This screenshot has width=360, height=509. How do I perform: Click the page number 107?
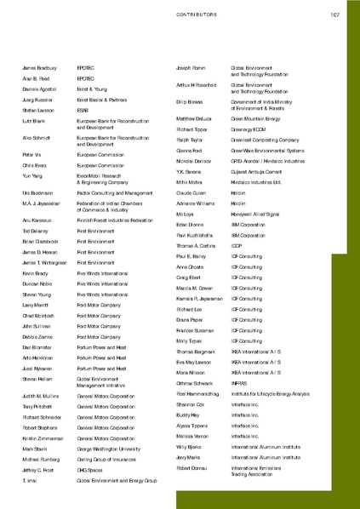pos(335,14)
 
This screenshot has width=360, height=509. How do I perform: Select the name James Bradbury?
pos(39,67)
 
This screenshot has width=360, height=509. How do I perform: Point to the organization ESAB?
pos(83,110)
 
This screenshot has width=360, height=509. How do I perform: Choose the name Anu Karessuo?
pos(37,220)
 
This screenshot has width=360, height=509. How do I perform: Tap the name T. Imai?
pos(29,481)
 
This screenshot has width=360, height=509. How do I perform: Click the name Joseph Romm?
pos(191,66)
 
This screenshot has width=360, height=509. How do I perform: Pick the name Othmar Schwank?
pos(196,383)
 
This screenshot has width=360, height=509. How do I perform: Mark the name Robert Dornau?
pos(193,468)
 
